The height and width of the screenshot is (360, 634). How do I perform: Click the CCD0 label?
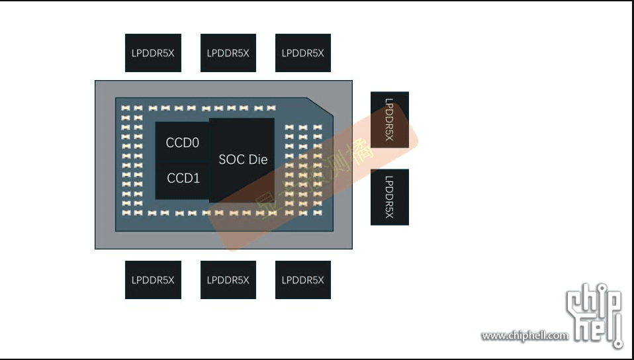(x=183, y=142)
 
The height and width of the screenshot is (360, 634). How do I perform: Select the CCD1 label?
(x=183, y=178)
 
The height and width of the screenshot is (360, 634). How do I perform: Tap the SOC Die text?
(x=243, y=159)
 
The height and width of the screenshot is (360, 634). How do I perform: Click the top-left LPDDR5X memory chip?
(x=153, y=53)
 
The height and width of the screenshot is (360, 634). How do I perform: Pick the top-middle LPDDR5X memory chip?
(x=228, y=53)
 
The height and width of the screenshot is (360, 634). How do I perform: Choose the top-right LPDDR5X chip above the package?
(x=303, y=53)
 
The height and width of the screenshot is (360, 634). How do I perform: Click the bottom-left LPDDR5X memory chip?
(x=153, y=280)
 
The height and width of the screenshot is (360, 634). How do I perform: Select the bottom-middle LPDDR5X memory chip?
(x=228, y=280)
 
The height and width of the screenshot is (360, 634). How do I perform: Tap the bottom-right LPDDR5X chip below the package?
(x=303, y=280)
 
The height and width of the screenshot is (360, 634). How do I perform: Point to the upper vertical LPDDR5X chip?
(x=389, y=120)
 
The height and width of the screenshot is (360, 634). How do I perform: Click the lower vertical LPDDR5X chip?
(x=389, y=197)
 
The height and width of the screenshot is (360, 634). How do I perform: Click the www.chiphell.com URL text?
(x=524, y=336)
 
